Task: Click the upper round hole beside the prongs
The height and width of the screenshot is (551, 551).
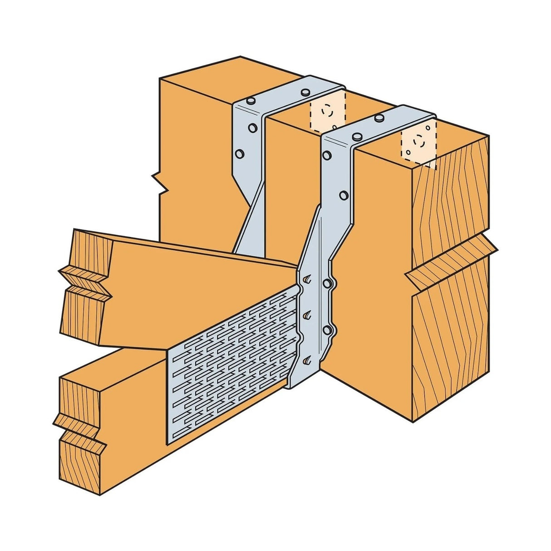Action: (x=326, y=283)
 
